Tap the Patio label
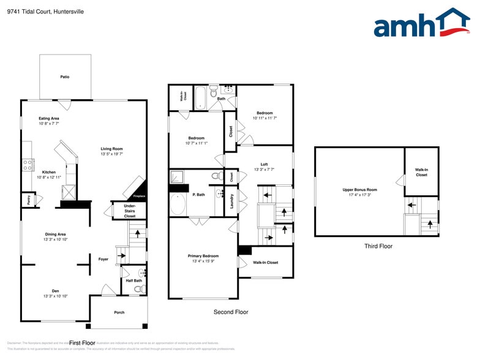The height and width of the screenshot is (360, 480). click(x=65, y=77)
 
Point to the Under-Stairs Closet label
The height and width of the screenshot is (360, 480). click(x=129, y=211)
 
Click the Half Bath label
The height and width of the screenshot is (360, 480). click(x=133, y=280)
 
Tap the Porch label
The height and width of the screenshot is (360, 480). click(x=119, y=312)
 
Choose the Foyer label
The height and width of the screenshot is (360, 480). click(x=103, y=259)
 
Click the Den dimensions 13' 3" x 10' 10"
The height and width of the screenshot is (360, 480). click(x=55, y=296)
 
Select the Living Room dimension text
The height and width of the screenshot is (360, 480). click(x=112, y=154)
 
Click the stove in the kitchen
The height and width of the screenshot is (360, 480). click(x=28, y=164)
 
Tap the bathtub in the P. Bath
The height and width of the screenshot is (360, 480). click(x=178, y=204)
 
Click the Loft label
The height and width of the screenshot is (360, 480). click(x=264, y=164)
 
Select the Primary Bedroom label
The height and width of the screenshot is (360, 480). click(x=203, y=256)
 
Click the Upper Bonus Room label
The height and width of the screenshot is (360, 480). click(x=360, y=190)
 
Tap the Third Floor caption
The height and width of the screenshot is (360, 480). click(x=378, y=246)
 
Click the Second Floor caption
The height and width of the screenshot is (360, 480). click(x=231, y=312)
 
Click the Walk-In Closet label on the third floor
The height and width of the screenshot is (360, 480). click(x=421, y=172)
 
